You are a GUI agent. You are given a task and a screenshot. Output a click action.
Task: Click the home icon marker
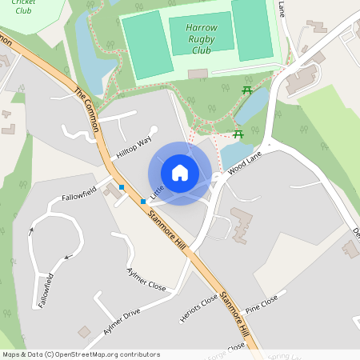click(180, 173)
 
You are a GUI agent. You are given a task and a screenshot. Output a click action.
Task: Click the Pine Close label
click(262, 303)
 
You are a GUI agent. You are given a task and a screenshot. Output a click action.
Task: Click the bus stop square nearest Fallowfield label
click(122, 187)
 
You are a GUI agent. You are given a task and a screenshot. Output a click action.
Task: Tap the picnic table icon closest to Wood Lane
click(237, 134)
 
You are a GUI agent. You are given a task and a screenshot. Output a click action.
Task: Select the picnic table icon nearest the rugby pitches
click(246, 89)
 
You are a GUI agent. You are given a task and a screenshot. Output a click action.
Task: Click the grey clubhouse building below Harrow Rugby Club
click(198, 74)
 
